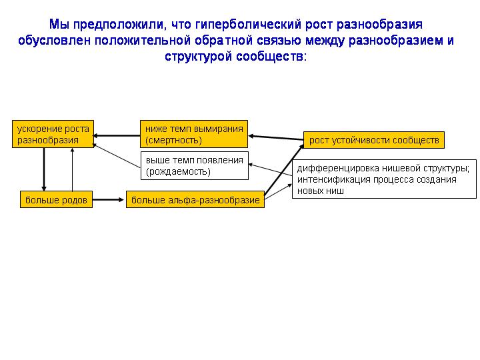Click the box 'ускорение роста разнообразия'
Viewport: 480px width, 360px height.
(x=53, y=134)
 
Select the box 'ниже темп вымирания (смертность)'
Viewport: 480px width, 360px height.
(x=194, y=134)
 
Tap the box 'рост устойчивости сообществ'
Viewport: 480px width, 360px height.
(x=374, y=140)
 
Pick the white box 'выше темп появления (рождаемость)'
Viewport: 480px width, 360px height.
(x=195, y=165)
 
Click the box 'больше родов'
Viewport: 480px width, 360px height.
(x=56, y=199)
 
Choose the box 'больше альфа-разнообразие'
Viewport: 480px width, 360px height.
(x=195, y=199)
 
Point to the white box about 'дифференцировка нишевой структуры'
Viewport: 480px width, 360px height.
(x=384, y=179)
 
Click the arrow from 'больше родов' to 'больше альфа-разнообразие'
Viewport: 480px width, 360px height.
(x=108, y=199)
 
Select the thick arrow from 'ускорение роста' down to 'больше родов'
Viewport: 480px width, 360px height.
(x=44, y=169)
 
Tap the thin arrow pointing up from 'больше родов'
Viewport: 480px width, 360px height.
(x=72, y=169)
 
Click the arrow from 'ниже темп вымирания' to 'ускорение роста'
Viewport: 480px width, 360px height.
(x=117, y=135)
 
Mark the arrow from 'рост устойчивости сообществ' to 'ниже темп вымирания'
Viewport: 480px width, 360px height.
(x=276, y=138)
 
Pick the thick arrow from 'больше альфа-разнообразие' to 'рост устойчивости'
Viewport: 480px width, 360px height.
(x=284, y=170)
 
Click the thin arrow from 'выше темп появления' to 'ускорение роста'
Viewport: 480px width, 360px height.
(x=117, y=156)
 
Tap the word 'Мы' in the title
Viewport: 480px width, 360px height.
(x=59, y=25)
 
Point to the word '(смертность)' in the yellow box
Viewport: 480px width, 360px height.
(x=173, y=141)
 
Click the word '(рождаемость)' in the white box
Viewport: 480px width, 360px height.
(x=178, y=172)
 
